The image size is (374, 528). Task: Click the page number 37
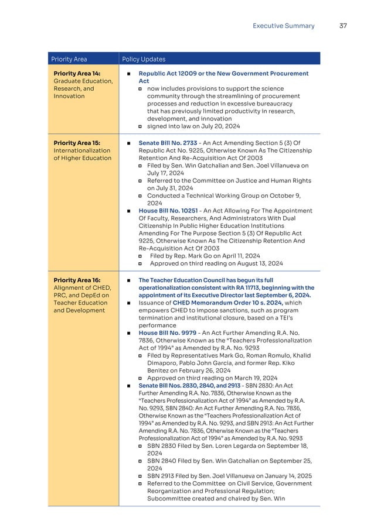tap(344, 26)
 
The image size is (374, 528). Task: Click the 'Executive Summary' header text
tap(283, 26)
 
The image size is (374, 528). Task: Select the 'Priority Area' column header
tap(69, 59)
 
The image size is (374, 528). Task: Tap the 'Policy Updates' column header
tap(144, 59)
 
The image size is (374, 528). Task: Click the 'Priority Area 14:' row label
tap(77, 74)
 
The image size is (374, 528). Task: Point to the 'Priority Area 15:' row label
tap(77, 143)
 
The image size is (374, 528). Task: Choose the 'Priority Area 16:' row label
tap(77, 280)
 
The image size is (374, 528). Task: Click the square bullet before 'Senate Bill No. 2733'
tap(128, 143)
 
